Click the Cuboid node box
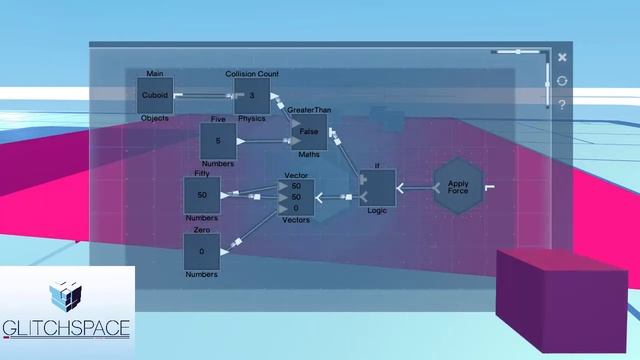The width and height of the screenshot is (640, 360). click(x=155, y=96)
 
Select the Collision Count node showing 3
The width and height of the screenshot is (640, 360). click(x=252, y=96)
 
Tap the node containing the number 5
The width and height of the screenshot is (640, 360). click(x=218, y=141)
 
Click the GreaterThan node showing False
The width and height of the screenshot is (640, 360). click(x=309, y=132)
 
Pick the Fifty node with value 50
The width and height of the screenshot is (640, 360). click(x=202, y=194)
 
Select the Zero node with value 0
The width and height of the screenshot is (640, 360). click(x=202, y=251)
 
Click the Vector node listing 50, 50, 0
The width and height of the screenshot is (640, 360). click(x=295, y=196)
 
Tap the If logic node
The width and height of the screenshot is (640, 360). click(x=378, y=188)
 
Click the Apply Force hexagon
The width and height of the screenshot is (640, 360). click(x=458, y=185)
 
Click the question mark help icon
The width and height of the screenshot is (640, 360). click(x=563, y=103)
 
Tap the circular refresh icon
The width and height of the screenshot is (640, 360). click(x=563, y=81)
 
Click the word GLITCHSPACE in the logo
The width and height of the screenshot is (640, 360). click(x=66, y=328)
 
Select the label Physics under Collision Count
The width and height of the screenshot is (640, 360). click(x=252, y=118)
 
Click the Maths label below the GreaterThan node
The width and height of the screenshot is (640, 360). click(x=309, y=155)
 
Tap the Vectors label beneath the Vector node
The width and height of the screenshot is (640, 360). click(x=295, y=219)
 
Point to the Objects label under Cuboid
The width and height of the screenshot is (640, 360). click(x=155, y=118)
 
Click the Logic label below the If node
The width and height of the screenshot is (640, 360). click(x=377, y=212)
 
